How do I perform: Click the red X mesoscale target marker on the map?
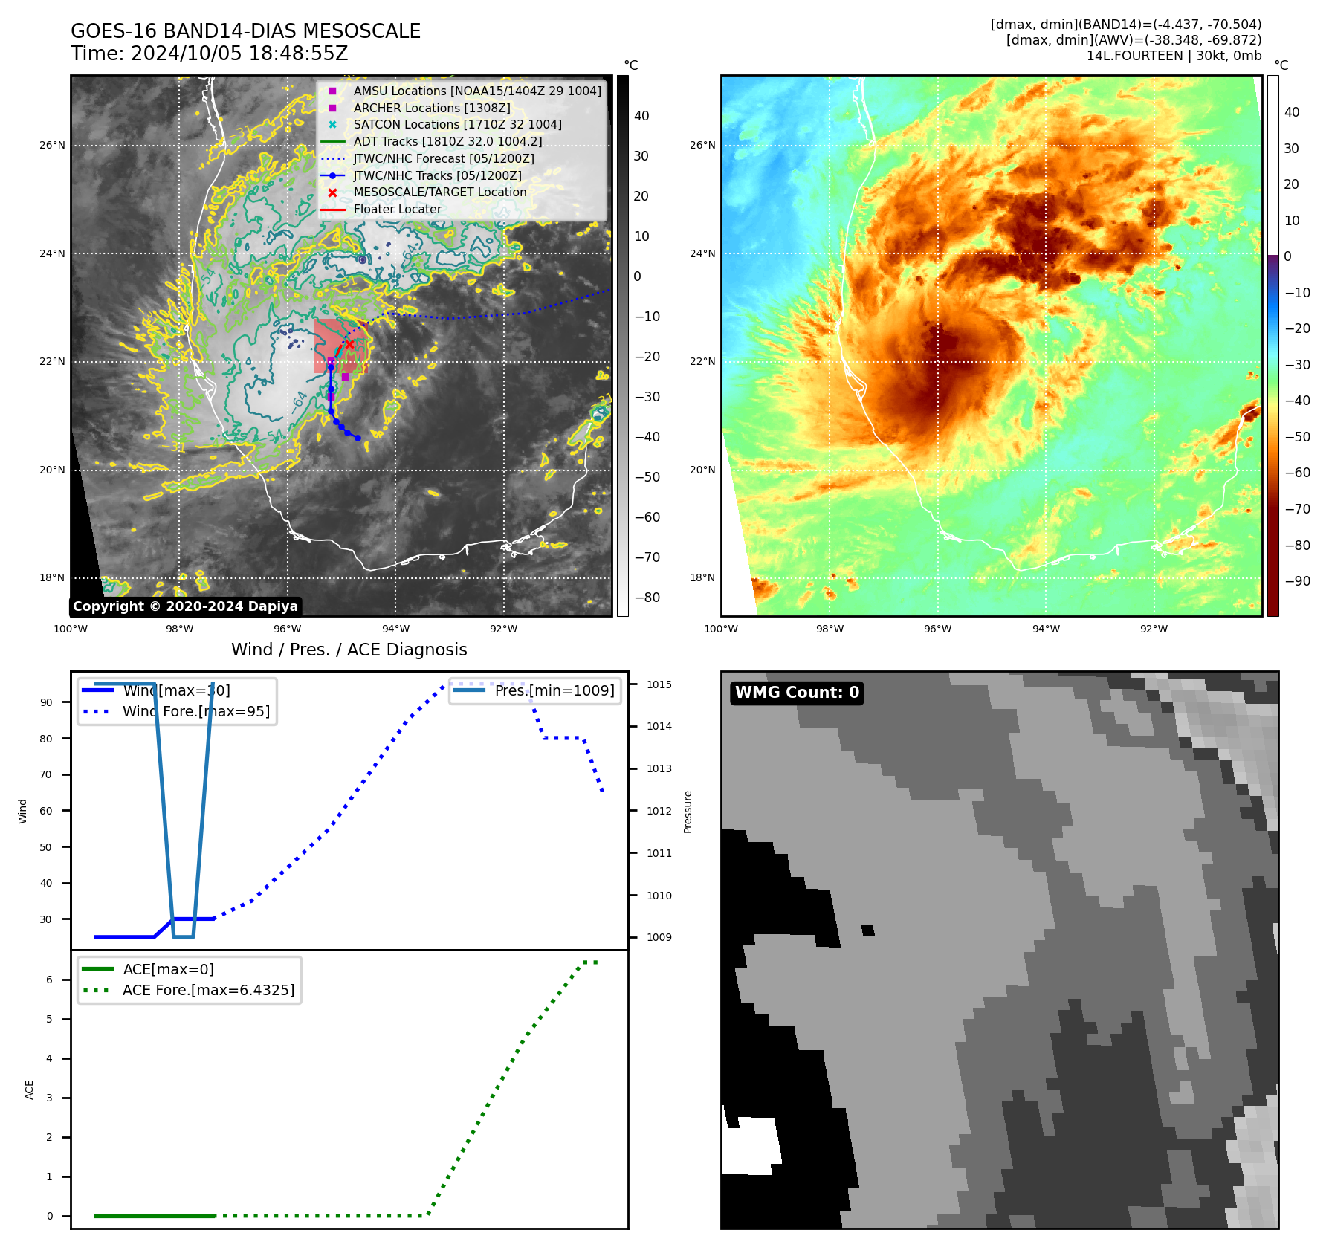pyautogui.click(x=349, y=344)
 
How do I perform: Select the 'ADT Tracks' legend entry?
pyautogui.click(x=447, y=141)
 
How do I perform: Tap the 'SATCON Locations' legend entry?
pyautogui.click(x=457, y=124)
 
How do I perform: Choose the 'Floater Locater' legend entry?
pyautogui.click(x=397, y=209)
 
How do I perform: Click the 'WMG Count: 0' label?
pyautogui.click(x=797, y=693)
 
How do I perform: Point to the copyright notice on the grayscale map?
pyautogui.click(x=185, y=606)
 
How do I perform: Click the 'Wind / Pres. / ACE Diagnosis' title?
pyautogui.click(x=349, y=650)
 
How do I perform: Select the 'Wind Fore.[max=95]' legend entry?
pyautogui.click(x=196, y=711)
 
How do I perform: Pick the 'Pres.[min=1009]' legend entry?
pyautogui.click(x=554, y=690)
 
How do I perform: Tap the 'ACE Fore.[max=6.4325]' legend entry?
pyautogui.click(x=208, y=990)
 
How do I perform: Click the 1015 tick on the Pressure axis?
pyautogui.click(x=659, y=684)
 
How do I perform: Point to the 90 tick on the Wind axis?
pyautogui.click(x=46, y=702)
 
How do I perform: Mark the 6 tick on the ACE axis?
pyautogui.click(x=49, y=980)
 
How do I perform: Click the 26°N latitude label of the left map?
pyautogui.click(x=52, y=146)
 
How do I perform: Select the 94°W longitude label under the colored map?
pyautogui.click(x=1046, y=629)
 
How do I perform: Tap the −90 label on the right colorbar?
pyautogui.click(x=1298, y=581)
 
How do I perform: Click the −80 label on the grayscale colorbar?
pyautogui.click(x=647, y=598)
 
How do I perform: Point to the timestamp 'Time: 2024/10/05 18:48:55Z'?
pyautogui.click(x=210, y=54)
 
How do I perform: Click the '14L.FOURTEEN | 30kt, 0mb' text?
pyautogui.click(x=1174, y=56)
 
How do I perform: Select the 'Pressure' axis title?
pyautogui.click(x=688, y=812)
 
